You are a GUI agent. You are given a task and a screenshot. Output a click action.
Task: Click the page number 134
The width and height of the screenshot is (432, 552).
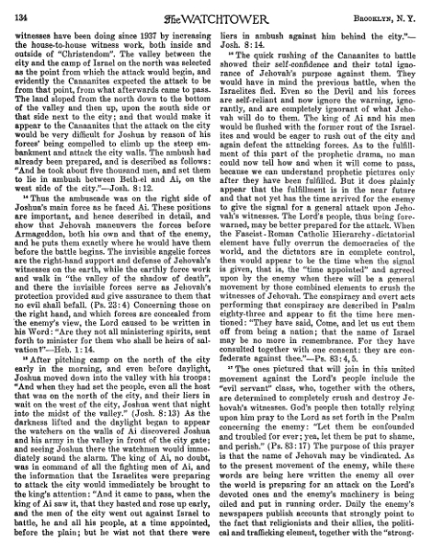pyautogui.click(x=17, y=12)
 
